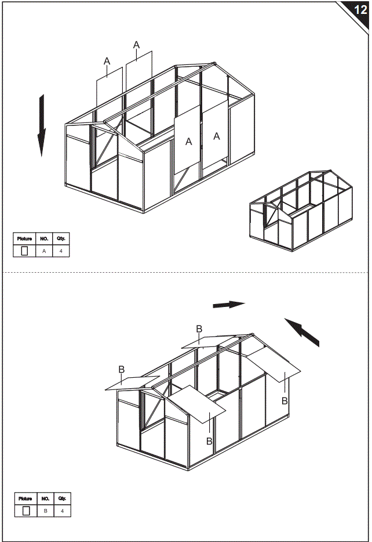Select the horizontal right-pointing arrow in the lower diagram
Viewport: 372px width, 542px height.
[x=229, y=304]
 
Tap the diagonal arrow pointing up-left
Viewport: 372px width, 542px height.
[x=302, y=333]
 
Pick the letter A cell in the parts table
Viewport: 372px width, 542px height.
[x=44, y=251]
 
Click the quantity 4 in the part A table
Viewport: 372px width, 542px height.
[x=61, y=251]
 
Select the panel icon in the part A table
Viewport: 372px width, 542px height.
[x=24, y=251]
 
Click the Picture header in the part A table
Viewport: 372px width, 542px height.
[x=24, y=239]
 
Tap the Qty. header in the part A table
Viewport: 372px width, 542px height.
[x=61, y=239]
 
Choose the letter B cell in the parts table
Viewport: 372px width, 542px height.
[x=45, y=511]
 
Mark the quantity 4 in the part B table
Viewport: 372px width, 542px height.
[x=62, y=511]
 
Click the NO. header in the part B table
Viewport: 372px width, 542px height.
[x=45, y=498]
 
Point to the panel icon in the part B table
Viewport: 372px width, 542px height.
[x=25, y=511]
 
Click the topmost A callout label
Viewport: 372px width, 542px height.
[x=137, y=45]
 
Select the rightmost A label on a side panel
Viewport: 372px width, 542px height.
[x=217, y=136]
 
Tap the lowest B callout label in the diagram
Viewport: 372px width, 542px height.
[x=209, y=441]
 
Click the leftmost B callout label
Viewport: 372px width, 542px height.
[x=122, y=369]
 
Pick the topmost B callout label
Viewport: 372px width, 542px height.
[x=199, y=329]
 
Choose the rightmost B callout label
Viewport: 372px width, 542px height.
[x=285, y=401]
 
